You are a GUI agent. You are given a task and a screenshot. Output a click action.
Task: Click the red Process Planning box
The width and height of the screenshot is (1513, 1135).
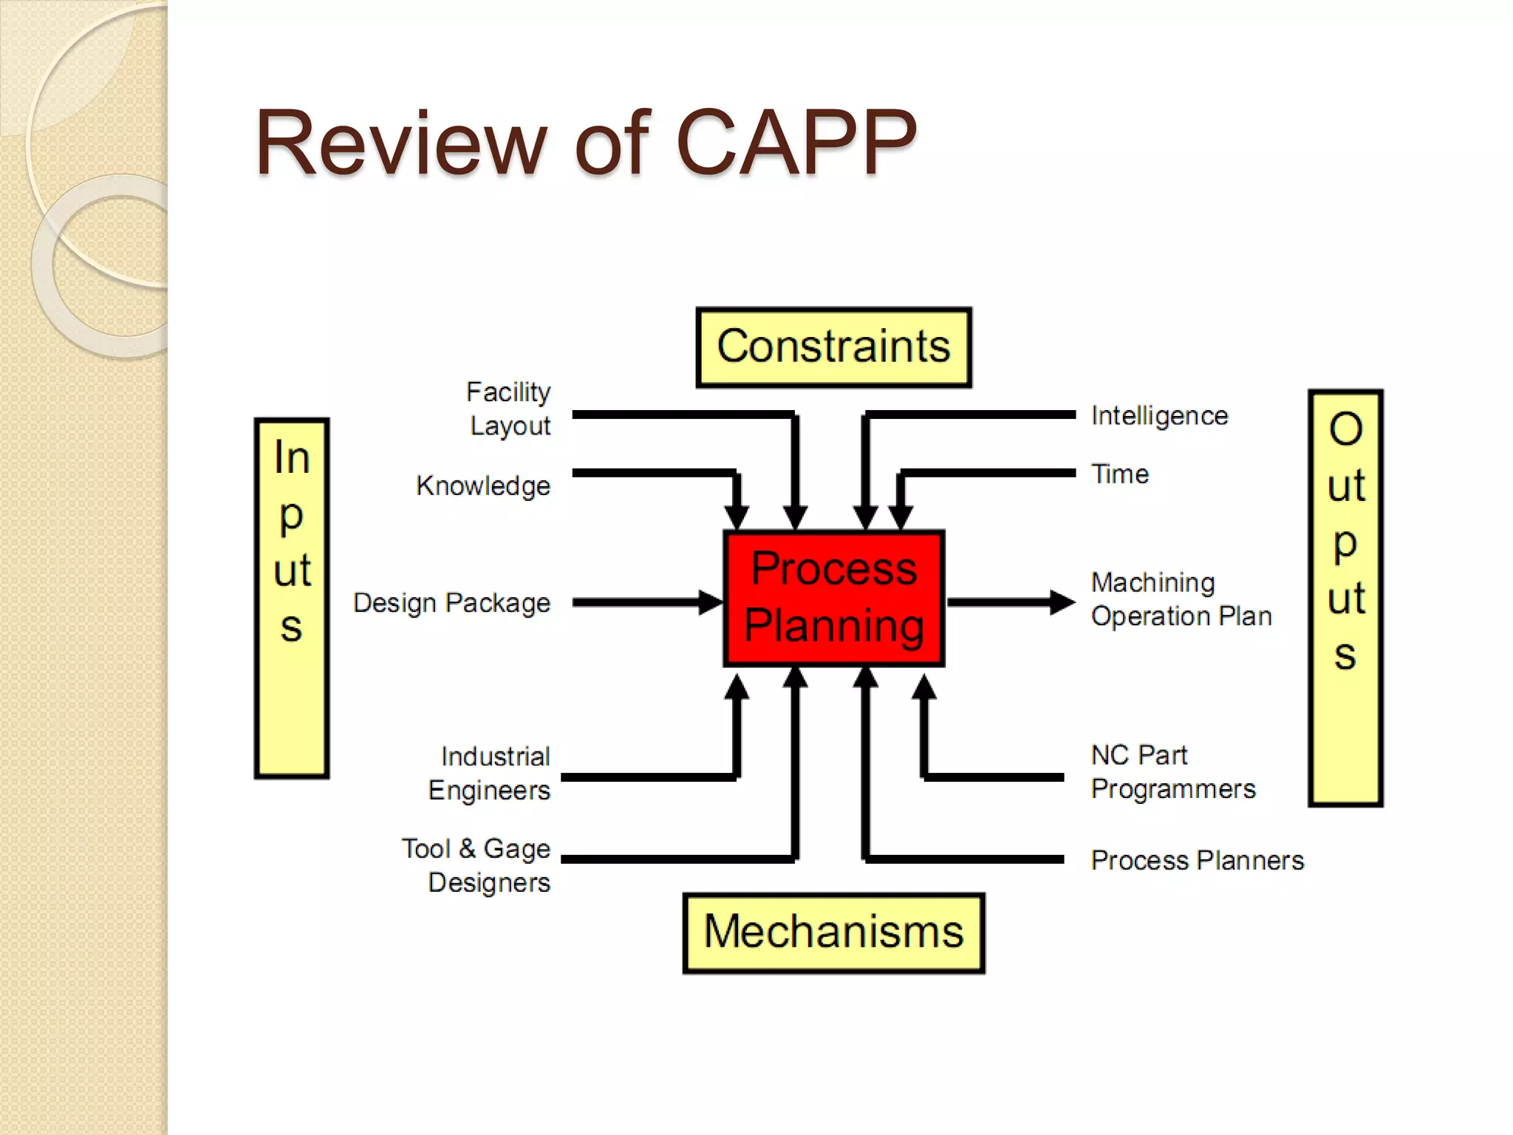click(x=833, y=598)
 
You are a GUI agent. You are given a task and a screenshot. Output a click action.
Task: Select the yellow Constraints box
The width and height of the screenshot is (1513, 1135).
click(x=833, y=347)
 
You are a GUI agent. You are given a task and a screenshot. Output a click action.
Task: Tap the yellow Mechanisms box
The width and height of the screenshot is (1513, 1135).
click(x=833, y=933)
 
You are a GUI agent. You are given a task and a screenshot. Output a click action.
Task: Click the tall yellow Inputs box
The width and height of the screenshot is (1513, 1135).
click(x=292, y=598)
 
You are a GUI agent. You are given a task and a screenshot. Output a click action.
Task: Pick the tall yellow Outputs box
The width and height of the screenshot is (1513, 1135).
click(x=1345, y=598)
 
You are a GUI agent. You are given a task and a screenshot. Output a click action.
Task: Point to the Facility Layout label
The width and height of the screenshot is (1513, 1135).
click(x=510, y=409)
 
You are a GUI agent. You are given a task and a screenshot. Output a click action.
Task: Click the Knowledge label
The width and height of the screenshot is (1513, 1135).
click(x=483, y=486)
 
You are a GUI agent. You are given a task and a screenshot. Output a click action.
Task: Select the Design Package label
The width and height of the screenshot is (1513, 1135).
click(x=451, y=603)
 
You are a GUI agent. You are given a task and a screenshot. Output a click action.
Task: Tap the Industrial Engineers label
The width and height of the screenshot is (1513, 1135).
click(x=490, y=773)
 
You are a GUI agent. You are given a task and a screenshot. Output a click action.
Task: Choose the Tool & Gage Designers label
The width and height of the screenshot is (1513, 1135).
click(x=477, y=865)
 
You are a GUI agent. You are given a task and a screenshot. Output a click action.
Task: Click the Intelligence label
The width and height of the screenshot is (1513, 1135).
click(x=1159, y=416)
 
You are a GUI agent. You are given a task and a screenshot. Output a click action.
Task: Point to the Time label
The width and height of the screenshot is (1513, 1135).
click(x=1120, y=474)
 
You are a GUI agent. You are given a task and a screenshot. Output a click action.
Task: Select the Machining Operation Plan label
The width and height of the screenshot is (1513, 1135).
click(x=1181, y=599)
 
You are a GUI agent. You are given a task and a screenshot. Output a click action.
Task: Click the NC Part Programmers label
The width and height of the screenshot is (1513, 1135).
click(x=1173, y=772)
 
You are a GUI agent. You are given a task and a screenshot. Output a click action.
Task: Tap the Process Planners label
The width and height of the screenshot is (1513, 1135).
click(x=1197, y=860)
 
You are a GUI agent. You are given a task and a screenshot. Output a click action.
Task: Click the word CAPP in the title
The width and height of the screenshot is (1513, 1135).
click(x=796, y=143)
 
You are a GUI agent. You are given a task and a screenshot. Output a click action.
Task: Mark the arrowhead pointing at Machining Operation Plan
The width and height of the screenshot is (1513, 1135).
click(x=1062, y=602)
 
